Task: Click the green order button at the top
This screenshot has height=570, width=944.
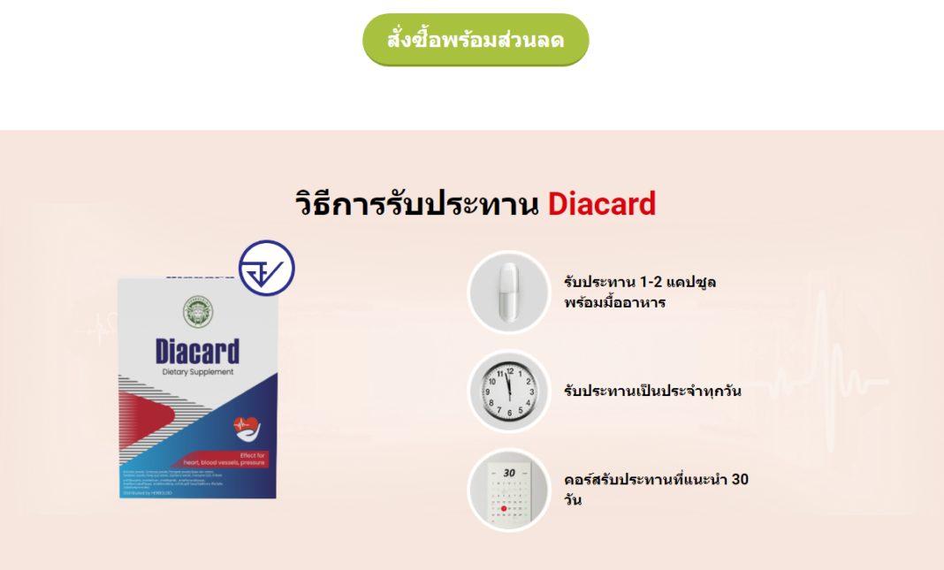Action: click(476, 40)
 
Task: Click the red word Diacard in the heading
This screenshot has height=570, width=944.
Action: click(602, 204)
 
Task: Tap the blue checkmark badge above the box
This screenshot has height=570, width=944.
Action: click(266, 268)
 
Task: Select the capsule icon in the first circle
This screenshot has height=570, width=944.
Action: click(507, 292)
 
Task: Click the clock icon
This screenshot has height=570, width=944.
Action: click(507, 391)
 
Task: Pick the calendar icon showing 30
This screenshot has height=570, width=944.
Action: click(507, 490)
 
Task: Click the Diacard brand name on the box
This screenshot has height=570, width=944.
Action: click(196, 351)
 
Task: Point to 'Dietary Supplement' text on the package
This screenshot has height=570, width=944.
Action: click(198, 372)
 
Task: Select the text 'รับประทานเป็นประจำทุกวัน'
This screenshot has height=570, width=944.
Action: click(652, 391)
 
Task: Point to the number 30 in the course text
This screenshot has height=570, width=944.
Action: click(740, 480)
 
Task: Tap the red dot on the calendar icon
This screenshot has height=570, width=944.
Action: click(504, 509)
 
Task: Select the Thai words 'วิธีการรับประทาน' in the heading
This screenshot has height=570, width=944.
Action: click(416, 204)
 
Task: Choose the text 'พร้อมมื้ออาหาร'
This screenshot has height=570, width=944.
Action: click(614, 302)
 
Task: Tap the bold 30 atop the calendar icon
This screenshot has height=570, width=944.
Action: click(508, 473)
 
